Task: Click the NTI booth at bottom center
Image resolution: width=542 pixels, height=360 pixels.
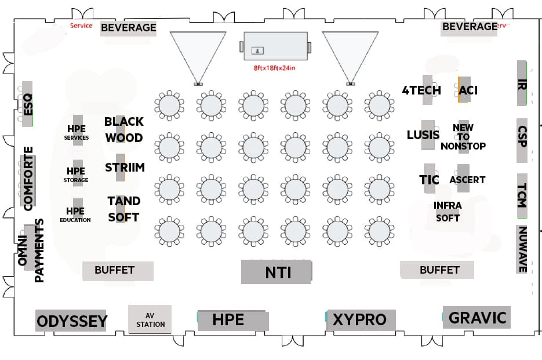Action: tap(276, 272)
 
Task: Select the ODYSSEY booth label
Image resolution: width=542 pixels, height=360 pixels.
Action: tap(71, 321)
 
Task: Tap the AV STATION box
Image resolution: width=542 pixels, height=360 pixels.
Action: tap(150, 319)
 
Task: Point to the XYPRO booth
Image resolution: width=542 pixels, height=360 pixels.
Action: tap(360, 319)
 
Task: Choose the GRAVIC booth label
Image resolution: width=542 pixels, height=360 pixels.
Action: tap(476, 318)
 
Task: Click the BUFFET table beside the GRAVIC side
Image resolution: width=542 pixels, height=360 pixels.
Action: tap(438, 270)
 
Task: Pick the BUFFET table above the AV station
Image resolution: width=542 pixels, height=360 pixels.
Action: tap(117, 270)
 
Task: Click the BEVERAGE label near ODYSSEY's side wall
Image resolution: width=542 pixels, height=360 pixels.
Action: tap(128, 27)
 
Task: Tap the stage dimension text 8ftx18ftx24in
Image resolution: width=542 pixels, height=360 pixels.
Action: tap(275, 68)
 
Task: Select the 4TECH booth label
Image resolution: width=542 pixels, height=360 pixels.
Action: tap(421, 90)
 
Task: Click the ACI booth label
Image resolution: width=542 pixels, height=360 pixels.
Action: tap(468, 90)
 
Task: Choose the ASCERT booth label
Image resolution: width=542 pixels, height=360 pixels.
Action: tap(467, 180)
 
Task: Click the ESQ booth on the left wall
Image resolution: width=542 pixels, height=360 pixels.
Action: tap(27, 104)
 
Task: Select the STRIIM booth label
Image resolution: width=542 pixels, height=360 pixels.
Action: tap(125, 168)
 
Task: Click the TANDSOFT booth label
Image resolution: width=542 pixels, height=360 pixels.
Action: tap(123, 209)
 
